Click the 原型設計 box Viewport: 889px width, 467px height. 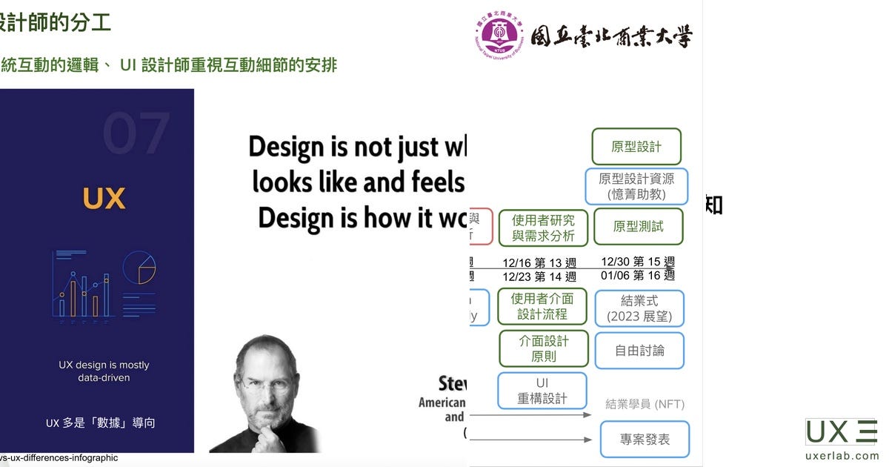[636, 147]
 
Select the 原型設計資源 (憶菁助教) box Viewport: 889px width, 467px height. [636, 187]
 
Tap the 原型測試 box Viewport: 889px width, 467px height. [638, 226]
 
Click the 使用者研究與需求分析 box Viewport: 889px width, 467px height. [543, 228]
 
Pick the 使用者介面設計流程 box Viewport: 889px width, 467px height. [542, 306]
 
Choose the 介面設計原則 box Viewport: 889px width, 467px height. [543, 348]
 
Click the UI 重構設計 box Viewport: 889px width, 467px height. [542, 391]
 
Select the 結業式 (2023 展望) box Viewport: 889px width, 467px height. [639, 308]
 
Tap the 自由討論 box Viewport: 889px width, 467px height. [639, 350]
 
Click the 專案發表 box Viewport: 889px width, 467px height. [645, 439]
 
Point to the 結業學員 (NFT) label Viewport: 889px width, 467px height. [645, 404]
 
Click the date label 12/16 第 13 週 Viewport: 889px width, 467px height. [539, 263]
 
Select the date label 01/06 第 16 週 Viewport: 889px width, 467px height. [637, 276]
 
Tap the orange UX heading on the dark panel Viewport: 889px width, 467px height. [104, 199]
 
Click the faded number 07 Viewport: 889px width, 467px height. [136, 134]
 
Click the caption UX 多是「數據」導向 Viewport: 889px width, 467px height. [101, 423]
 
